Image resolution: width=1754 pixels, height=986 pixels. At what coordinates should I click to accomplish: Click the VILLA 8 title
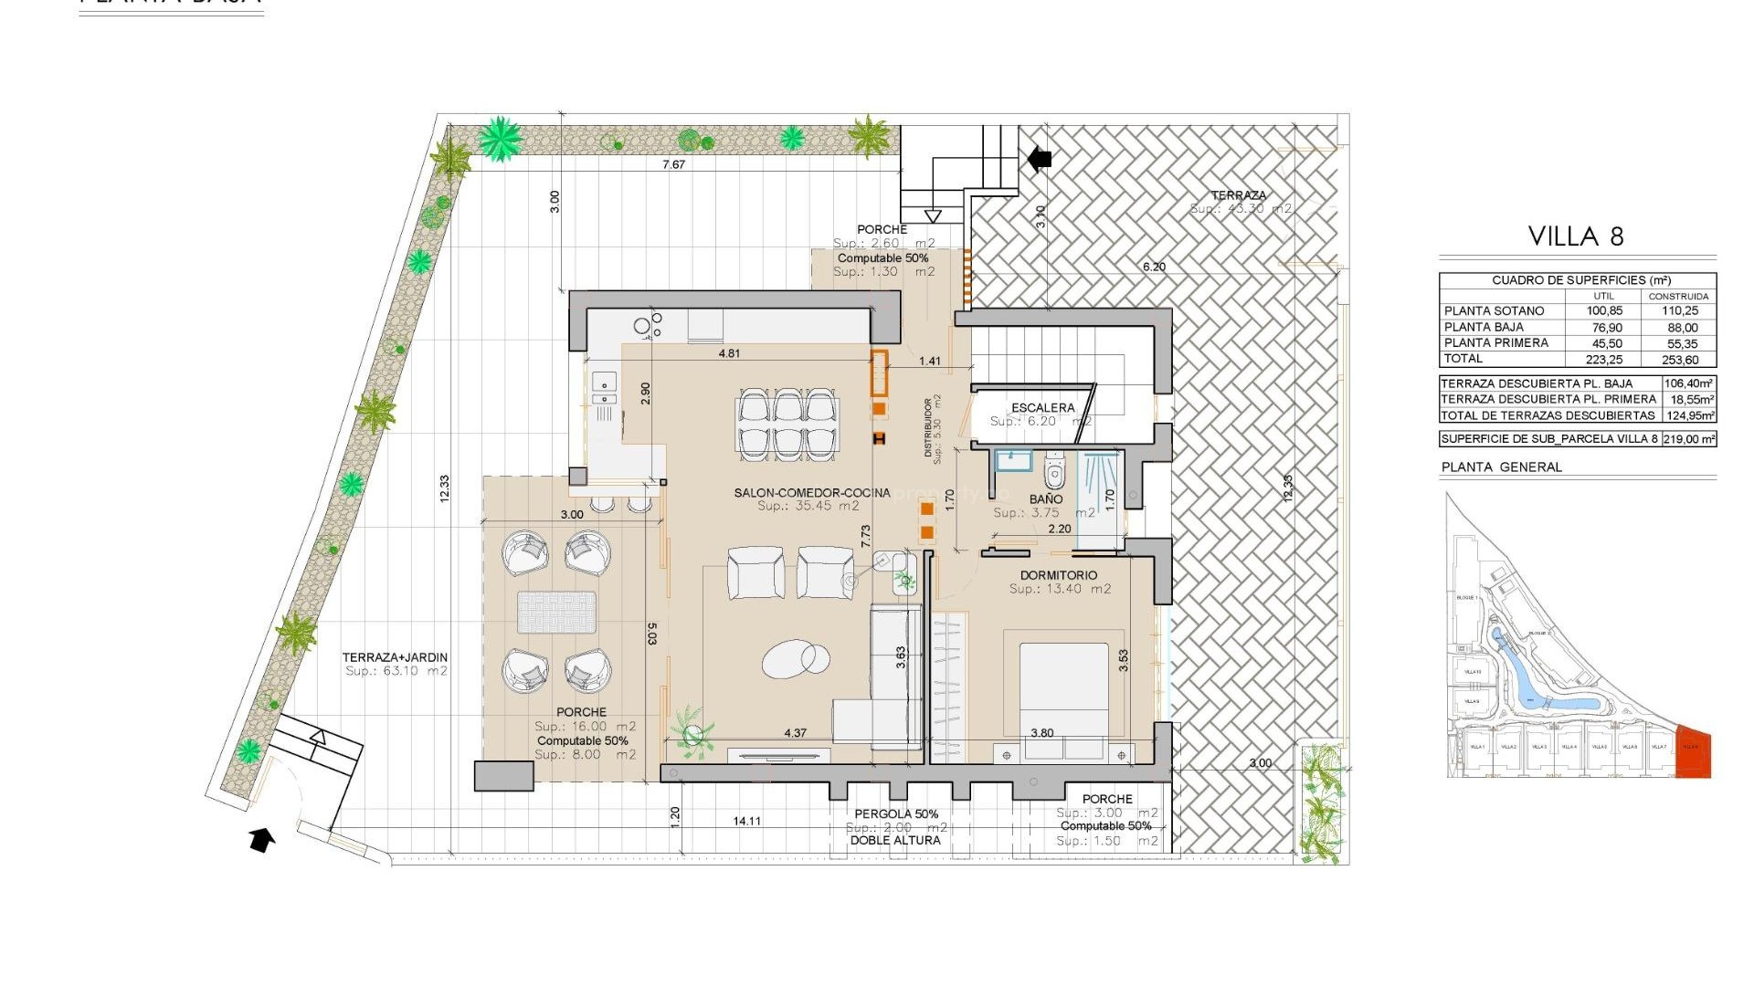(1576, 236)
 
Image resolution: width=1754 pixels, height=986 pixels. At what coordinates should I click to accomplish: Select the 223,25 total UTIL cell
(1603, 360)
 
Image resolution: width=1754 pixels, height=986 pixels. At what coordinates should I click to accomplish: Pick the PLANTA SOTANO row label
(1494, 311)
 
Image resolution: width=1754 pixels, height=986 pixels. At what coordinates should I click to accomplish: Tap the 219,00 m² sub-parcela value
(1688, 439)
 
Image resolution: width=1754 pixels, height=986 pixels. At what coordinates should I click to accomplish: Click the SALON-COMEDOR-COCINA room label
(811, 493)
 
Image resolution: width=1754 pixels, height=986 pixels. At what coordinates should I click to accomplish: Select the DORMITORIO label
(1059, 575)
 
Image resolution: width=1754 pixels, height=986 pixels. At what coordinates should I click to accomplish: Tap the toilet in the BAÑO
(1055, 471)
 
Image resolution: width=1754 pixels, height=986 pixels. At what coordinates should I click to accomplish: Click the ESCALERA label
(1042, 408)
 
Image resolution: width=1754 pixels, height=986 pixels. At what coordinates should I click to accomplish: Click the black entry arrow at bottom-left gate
(262, 839)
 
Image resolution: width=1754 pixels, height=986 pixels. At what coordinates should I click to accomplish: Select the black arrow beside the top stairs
(1040, 159)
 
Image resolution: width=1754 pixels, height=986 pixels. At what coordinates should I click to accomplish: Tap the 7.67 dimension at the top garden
(673, 165)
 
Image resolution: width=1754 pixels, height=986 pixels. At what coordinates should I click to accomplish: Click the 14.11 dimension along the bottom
(746, 821)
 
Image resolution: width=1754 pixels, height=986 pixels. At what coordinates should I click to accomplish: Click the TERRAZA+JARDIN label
(395, 657)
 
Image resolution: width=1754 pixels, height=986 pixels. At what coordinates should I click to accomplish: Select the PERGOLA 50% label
(895, 814)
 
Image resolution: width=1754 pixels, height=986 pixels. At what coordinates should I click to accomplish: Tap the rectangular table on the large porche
(556, 613)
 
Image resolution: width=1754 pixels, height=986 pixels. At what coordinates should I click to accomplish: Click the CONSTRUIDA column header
(1678, 297)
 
